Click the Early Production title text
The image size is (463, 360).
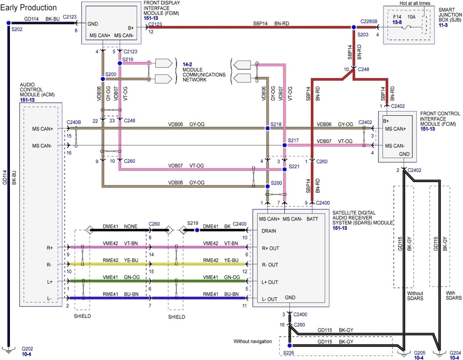(x=28, y=8)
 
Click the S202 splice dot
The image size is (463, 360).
(x=8, y=23)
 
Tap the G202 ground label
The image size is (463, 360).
(x=27, y=349)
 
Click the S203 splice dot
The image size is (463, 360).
(x=354, y=27)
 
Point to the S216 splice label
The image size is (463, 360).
(x=128, y=59)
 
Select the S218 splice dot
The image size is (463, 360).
(x=267, y=129)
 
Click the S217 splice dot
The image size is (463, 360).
(x=284, y=145)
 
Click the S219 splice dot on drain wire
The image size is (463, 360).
(x=198, y=230)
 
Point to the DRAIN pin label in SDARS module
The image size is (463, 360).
(x=269, y=231)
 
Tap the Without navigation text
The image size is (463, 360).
(x=252, y=341)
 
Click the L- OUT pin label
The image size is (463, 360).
(x=269, y=299)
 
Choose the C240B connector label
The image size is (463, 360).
(x=74, y=122)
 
